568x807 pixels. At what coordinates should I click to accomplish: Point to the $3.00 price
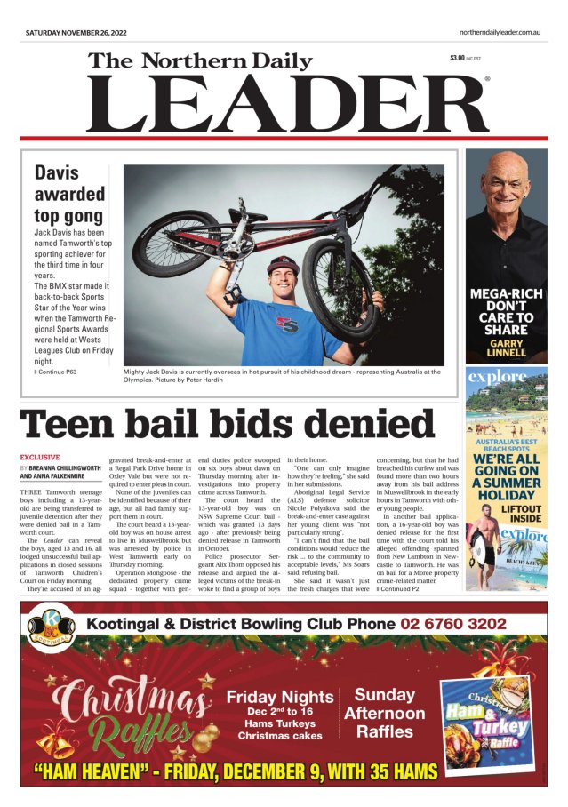pyautogui.click(x=458, y=59)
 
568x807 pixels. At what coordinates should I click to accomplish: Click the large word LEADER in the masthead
pyautogui.click(x=286, y=104)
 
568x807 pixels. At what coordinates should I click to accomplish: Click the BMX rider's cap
pyautogui.click(x=283, y=264)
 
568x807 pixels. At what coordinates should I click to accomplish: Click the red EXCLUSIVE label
pyautogui.click(x=39, y=458)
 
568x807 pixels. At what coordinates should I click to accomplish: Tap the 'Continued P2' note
pyautogui.click(x=402, y=587)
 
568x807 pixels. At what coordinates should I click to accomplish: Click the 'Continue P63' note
pyautogui.click(x=56, y=371)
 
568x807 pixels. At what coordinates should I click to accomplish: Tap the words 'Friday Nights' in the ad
pyautogui.click(x=279, y=698)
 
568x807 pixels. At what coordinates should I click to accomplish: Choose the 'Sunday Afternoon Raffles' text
pyautogui.click(x=384, y=714)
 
